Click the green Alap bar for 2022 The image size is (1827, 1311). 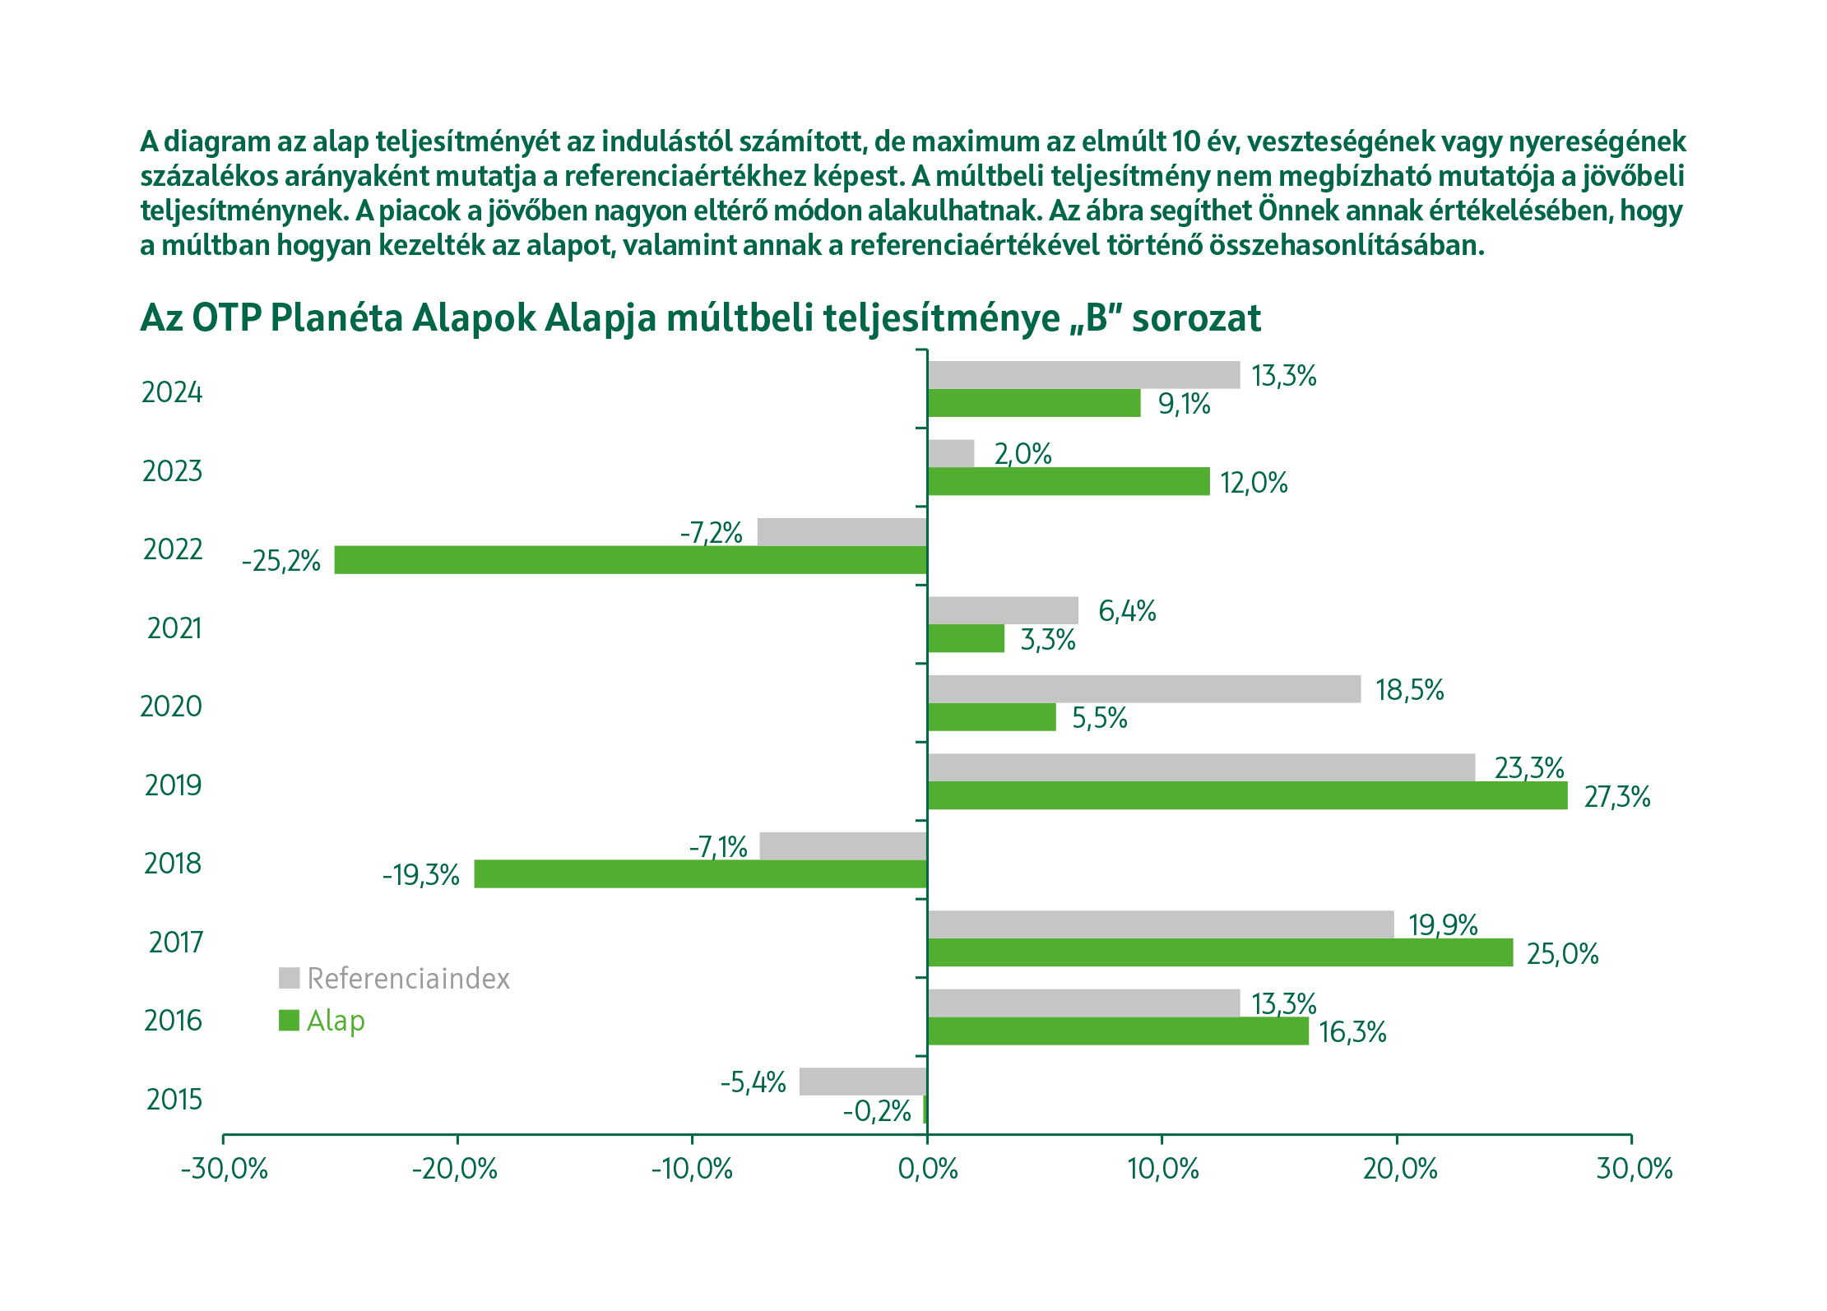click(x=630, y=560)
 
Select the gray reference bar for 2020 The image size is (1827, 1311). click(x=1143, y=689)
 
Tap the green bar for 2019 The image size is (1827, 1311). click(x=1247, y=796)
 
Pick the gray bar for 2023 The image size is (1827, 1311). click(x=951, y=453)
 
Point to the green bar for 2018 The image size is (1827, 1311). click(x=701, y=874)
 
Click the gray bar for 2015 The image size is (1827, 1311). click(x=863, y=1082)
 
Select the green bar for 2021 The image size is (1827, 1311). click(x=966, y=639)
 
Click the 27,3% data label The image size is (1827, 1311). click(x=1616, y=797)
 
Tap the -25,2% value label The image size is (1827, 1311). click(x=281, y=561)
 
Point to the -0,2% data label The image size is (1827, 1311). click(x=877, y=1111)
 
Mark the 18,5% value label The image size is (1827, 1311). click(x=1409, y=690)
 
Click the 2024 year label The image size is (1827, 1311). click(x=172, y=392)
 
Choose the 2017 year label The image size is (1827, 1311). click(x=175, y=942)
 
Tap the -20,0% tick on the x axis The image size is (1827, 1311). click(x=455, y=1169)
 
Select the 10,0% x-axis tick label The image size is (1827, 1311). click(x=1162, y=1169)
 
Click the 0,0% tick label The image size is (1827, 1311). click(x=928, y=1169)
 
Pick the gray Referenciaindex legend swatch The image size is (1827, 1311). click(x=289, y=978)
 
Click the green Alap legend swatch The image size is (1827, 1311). click(x=289, y=1021)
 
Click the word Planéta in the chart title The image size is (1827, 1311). click(x=336, y=318)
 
